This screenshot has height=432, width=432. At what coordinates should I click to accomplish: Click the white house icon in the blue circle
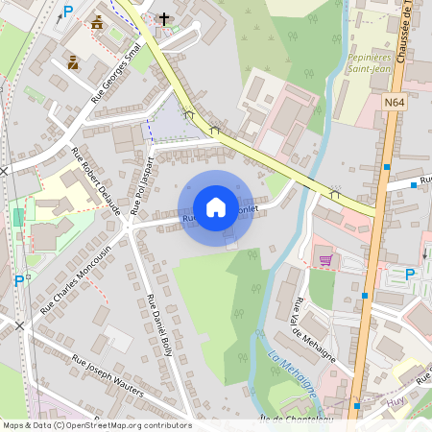pyautogui.click(x=216, y=207)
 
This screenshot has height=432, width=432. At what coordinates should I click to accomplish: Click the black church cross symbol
pyautogui.click(x=164, y=18)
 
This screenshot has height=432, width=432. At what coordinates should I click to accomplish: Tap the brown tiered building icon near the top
pyautogui.click(x=96, y=22)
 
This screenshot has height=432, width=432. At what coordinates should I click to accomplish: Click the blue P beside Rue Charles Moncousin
pyautogui.click(x=19, y=281)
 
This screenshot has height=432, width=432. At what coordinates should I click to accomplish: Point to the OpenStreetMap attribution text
pyautogui.click(x=96, y=425)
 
